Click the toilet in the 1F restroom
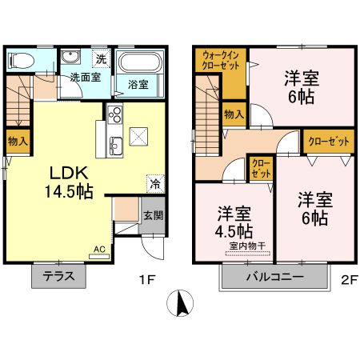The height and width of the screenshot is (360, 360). [22, 60]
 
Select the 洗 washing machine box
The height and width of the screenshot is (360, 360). [101, 58]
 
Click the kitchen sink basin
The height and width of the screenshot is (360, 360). [115, 145]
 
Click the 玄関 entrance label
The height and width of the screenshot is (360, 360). [152, 215]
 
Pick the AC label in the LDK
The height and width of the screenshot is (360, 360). [100, 250]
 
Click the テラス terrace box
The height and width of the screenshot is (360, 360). [59, 277]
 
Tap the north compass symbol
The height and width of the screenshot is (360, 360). [182, 304]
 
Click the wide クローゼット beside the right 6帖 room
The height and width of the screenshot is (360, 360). [327, 141]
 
